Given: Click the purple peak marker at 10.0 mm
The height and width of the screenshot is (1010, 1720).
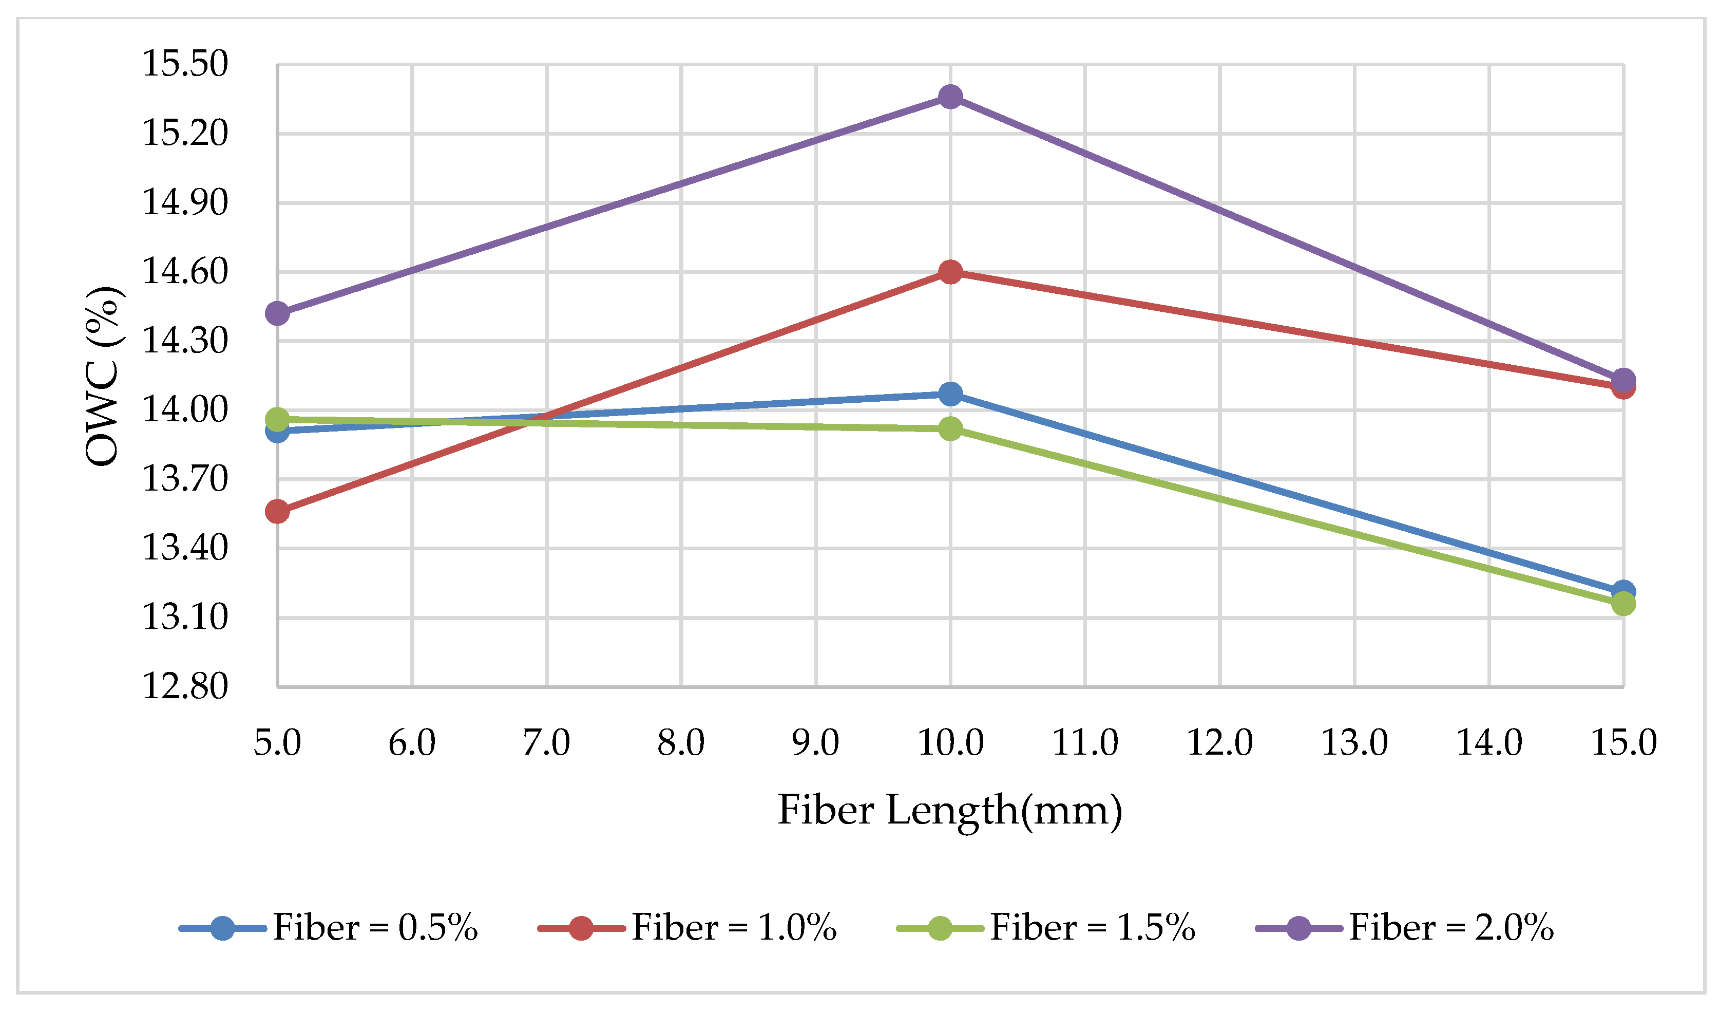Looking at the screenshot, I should click(950, 97).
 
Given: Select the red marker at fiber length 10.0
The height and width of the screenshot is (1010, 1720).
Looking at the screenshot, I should click(950, 272).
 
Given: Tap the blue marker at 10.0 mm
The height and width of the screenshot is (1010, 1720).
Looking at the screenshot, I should click(950, 394).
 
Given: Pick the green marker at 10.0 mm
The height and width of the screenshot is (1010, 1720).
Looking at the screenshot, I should click(950, 429).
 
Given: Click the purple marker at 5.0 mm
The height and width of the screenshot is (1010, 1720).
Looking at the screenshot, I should click(277, 313).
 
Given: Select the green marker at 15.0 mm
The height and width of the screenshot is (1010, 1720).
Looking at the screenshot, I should click(1623, 604).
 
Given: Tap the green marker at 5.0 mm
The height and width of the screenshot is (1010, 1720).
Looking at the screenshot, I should click(277, 419).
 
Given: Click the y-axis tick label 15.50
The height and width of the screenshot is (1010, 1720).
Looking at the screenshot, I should click(184, 64).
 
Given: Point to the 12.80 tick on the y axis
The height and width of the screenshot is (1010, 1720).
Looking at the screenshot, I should click(184, 686).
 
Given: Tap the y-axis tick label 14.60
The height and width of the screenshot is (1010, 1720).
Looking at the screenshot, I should click(184, 272).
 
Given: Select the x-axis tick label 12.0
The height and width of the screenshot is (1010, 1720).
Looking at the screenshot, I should click(1220, 743).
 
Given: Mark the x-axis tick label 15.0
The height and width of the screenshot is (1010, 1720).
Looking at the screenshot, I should click(1623, 743).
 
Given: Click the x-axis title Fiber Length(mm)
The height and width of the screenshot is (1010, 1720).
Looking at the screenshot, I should click(950, 811).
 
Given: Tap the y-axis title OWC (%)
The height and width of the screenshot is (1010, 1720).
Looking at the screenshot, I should click(104, 376).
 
